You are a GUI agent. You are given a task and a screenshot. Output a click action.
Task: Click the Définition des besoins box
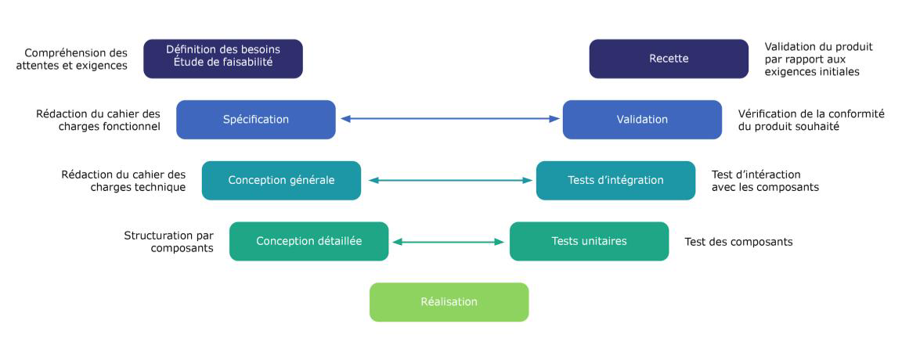pyautogui.click(x=222, y=59)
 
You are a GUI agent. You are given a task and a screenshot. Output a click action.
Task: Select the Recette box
pyautogui.click(x=668, y=59)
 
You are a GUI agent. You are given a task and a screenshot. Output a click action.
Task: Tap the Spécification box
pyautogui.click(x=255, y=120)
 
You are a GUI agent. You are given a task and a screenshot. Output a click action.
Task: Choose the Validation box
pyautogui.click(x=642, y=120)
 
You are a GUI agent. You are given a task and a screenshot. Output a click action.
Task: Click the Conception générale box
pyautogui.click(x=281, y=180)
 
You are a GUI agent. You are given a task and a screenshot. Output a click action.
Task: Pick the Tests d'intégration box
pyautogui.click(x=615, y=180)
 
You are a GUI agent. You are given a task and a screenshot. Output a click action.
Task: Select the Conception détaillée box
pyautogui.click(x=308, y=241)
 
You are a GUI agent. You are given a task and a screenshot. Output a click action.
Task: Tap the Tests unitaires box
pyautogui.click(x=589, y=241)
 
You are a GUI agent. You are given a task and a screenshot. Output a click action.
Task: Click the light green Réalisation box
pyautogui.click(x=449, y=302)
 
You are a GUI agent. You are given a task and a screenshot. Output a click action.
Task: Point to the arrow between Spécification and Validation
pyautogui.click(x=449, y=119)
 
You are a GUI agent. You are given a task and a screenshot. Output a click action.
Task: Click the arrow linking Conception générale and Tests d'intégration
pyautogui.click(x=449, y=181)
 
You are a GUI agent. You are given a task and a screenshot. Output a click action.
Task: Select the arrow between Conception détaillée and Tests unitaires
pyautogui.click(x=449, y=242)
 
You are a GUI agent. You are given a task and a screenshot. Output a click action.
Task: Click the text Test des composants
pyautogui.click(x=738, y=242)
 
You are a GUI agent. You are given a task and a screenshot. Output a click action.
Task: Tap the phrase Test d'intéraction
pyautogui.click(x=756, y=175)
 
